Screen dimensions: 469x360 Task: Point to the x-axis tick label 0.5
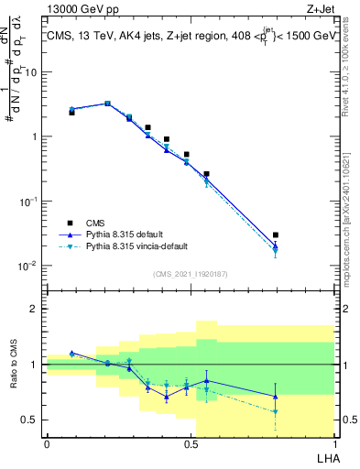[191, 444]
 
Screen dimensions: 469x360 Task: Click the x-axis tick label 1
[334, 444]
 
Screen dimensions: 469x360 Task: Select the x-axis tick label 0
[47, 444]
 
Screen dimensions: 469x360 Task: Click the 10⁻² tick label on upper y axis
[31, 266]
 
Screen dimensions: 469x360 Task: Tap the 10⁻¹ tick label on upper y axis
[31, 201]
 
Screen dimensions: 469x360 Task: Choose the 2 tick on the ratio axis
[35, 309]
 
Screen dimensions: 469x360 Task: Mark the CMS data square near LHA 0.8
[276, 235]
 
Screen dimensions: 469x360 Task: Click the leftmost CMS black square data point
[71, 112]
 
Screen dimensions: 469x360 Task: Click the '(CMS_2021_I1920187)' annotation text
[190, 274]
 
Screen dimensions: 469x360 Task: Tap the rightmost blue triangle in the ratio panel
[276, 397]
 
